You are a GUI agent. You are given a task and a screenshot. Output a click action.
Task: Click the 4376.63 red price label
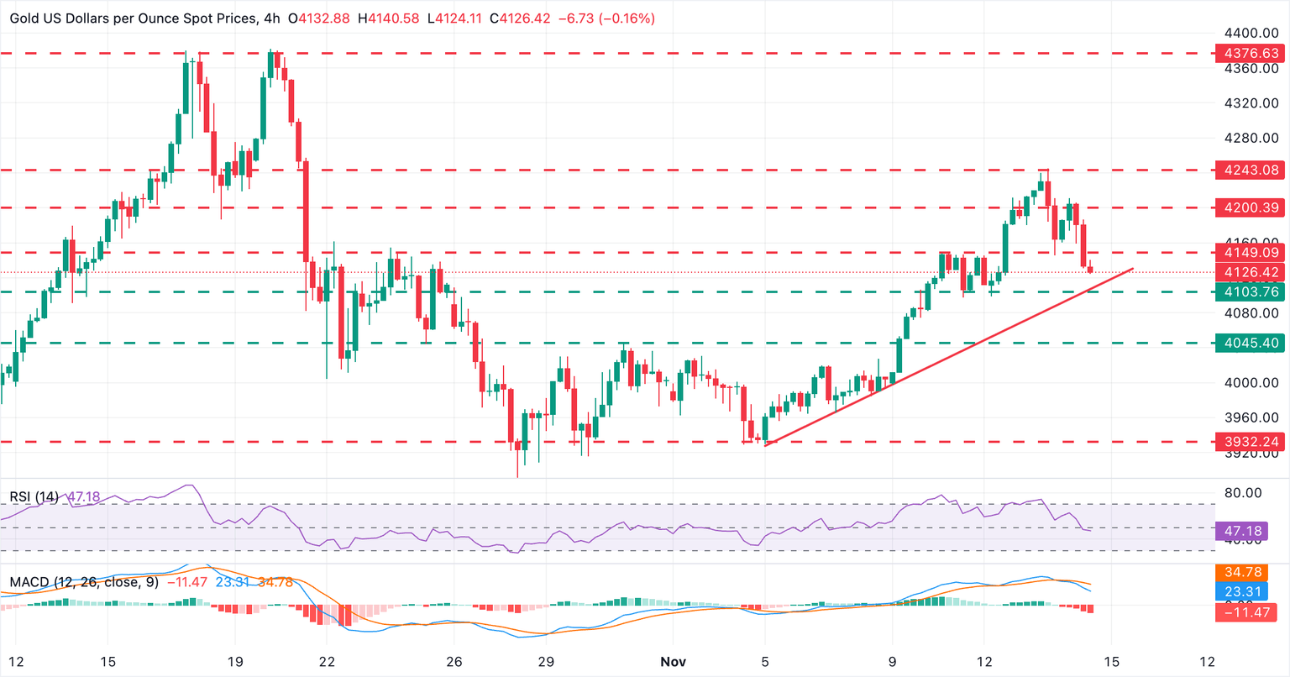click(1251, 53)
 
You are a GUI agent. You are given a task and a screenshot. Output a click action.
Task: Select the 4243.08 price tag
click(1251, 171)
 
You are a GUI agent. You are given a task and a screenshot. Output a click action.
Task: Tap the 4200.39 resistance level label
click(1251, 207)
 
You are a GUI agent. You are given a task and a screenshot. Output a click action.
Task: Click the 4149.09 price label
click(1251, 252)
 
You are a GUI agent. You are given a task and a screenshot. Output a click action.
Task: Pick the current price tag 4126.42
click(1251, 272)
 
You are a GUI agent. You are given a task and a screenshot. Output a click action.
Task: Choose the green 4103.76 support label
click(1251, 292)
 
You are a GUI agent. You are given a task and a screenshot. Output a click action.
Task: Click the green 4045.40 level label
click(1251, 343)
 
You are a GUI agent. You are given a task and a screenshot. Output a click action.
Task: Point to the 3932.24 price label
click(1251, 442)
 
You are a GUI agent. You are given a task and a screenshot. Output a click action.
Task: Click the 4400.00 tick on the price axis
click(1251, 34)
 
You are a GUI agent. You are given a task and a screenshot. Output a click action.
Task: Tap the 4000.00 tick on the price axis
click(1251, 383)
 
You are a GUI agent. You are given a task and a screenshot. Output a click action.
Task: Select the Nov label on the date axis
click(673, 662)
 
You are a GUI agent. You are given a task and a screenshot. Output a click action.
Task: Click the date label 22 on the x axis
click(327, 662)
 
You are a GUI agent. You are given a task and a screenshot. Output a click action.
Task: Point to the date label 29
click(545, 662)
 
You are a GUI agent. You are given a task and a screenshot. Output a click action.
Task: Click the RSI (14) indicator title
click(34, 497)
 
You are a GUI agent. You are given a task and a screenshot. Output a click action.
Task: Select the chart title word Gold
click(27, 18)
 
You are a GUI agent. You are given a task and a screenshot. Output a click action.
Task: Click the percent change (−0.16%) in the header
click(627, 18)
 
